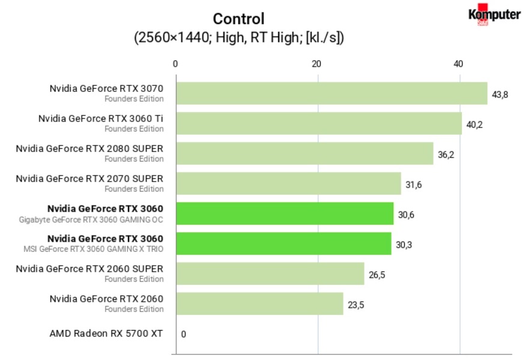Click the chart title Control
point(238,19)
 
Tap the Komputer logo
point(494,15)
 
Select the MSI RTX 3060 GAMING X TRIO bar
point(283,243)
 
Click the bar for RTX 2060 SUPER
point(269,273)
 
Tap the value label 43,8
point(500,94)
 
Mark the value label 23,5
point(356,305)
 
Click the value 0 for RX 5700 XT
point(183,334)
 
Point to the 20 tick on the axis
point(317,64)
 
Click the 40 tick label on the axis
point(458,64)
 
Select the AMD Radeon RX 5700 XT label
point(106,334)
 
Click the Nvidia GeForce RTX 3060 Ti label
point(101,118)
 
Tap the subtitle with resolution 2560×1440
point(238,37)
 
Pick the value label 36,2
point(446,154)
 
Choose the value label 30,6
point(406,215)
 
